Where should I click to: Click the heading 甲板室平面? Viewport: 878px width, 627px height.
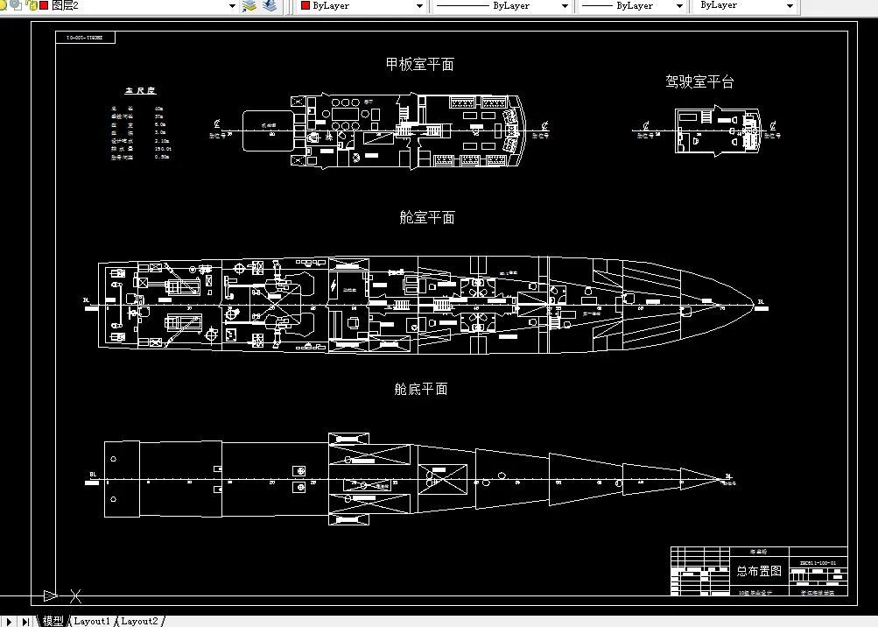(419, 64)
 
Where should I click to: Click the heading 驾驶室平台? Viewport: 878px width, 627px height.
(699, 81)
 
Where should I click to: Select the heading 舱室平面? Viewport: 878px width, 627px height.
(426, 217)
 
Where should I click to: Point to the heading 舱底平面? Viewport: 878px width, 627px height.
(420, 389)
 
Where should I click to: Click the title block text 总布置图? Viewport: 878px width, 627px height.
(759, 571)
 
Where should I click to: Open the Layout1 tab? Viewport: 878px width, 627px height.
(92, 621)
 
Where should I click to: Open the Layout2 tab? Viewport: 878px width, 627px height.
(139, 621)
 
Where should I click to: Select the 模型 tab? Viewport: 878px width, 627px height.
(53, 621)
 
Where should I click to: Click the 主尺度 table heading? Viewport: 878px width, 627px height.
(140, 90)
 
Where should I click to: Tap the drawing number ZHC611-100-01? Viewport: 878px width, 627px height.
(818, 562)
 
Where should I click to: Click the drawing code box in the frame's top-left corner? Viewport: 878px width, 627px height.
(84, 39)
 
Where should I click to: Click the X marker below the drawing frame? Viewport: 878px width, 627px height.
(75, 596)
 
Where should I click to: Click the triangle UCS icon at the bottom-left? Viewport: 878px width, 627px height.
(50, 596)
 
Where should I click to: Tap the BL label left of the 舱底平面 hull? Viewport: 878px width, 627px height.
(93, 475)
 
